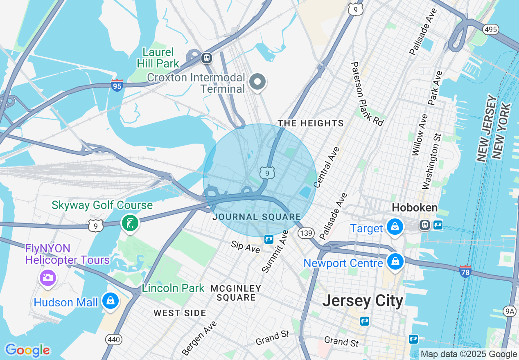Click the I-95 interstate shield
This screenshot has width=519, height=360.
click(117, 85)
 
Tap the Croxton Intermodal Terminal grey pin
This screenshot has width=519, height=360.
click(257, 81)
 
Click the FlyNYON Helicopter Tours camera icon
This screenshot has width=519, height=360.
click(47, 278)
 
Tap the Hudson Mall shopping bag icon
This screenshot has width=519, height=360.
click(111, 301)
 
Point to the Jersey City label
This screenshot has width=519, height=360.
click(362, 301)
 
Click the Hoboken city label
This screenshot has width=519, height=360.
click(414, 207)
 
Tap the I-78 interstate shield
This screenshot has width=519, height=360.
click(465, 271)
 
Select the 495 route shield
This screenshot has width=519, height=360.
click(490, 29)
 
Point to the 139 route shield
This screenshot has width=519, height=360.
click(306, 233)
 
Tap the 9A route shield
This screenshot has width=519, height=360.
click(510, 312)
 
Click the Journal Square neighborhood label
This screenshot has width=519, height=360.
click(257, 217)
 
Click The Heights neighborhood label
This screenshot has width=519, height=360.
click(311, 123)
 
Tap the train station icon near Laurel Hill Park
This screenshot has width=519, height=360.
click(207, 58)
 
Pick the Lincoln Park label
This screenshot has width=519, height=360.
click(173, 288)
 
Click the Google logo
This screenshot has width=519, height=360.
click(27, 350)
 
